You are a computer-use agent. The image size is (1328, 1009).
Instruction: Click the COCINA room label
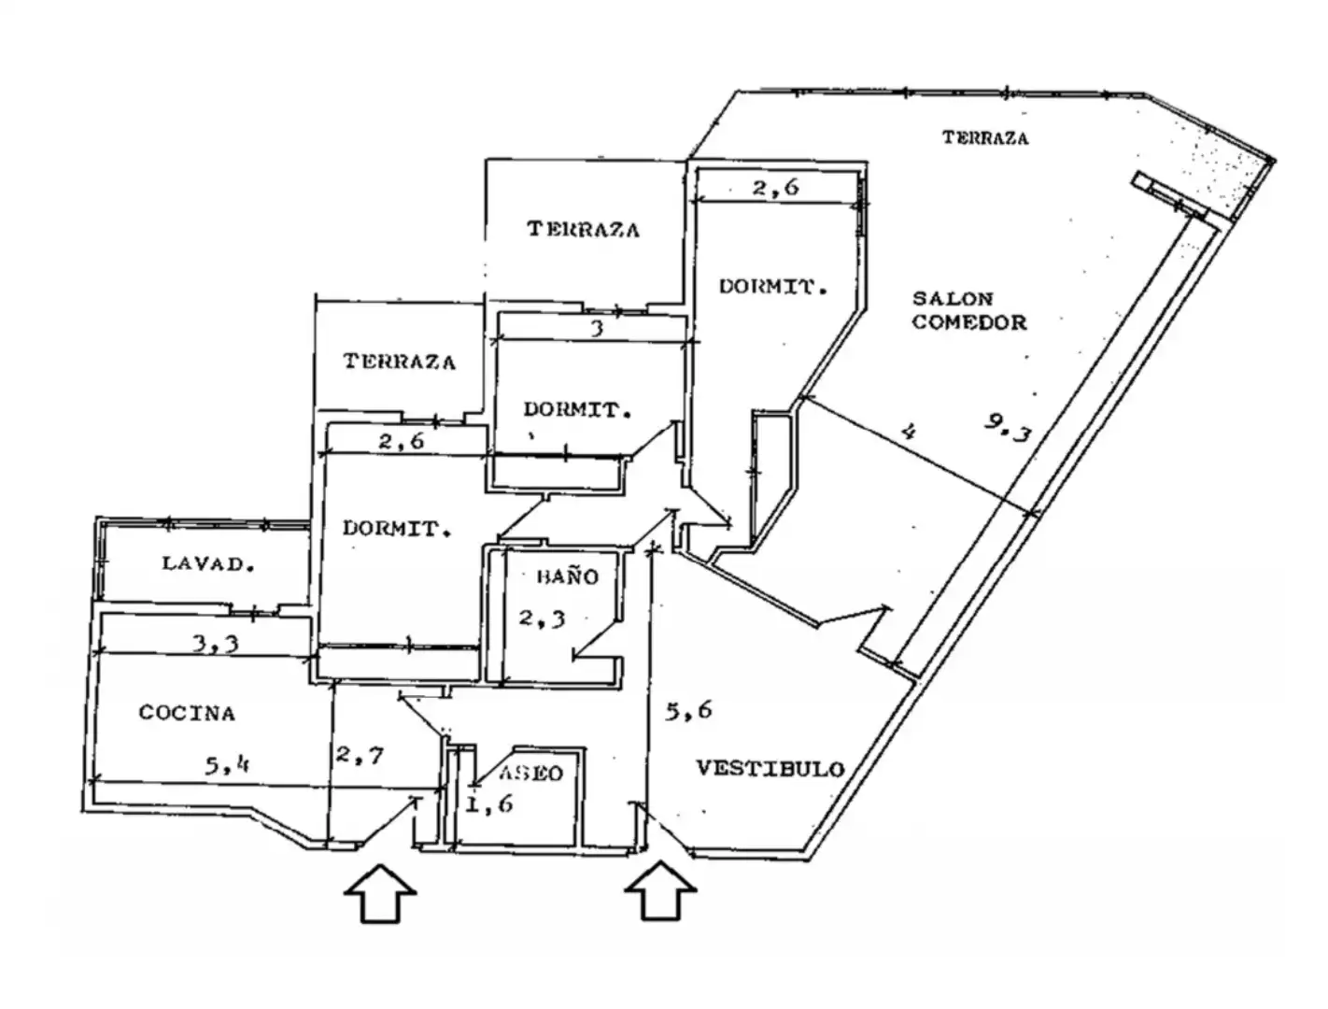click(x=187, y=713)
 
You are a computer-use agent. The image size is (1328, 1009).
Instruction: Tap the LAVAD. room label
click(x=207, y=564)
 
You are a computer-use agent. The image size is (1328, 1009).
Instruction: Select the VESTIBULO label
click(x=770, y=769)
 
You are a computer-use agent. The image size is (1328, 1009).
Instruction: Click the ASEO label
click(x=530, y=773)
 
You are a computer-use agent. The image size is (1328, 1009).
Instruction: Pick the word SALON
click(x=953, y=298)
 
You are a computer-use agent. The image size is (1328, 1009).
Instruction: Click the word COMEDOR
click(x=969, y=322)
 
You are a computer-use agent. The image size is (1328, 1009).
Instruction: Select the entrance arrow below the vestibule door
click(x=660, y=891)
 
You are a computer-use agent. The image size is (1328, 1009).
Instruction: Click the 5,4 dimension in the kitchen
click(x=227, y=766)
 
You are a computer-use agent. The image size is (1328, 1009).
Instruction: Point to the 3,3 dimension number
click(x=216, y=643)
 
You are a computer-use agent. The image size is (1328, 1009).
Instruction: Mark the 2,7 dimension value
click(x=360, y=755)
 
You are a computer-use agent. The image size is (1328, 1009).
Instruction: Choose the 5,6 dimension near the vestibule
click(x=688, y=710)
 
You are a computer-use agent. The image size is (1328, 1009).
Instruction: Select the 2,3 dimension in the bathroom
click(x=542, y=618)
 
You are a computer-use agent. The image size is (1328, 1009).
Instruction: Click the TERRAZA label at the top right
click(x=985, y=138)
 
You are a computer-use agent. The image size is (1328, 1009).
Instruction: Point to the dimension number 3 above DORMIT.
click(x=597, y=329)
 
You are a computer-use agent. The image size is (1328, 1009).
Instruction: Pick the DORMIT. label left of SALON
click(x=772, y=286)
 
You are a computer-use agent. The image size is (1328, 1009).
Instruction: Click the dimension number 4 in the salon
click(x=909, y=432)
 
